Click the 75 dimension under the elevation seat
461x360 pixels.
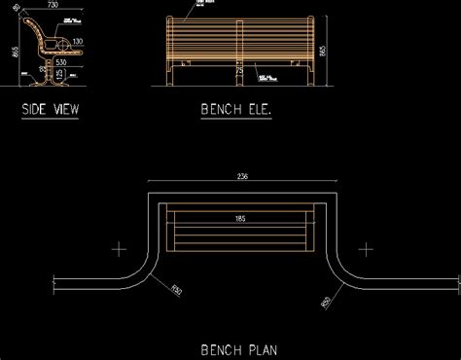pos(240,70)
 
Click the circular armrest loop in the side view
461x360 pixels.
pos(57,44)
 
